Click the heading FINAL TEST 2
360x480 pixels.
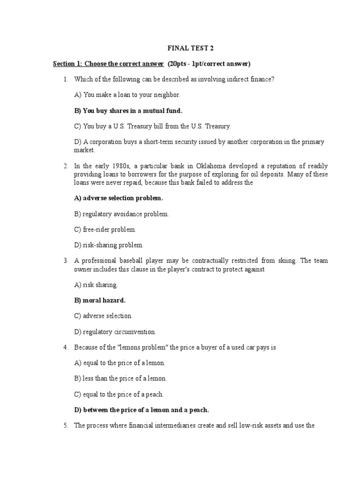tap(187, 48)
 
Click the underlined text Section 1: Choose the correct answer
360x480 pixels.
tap(108, 63)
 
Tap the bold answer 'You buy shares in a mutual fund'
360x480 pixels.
tap(128, 111)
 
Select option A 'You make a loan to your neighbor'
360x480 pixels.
tap(127, 95)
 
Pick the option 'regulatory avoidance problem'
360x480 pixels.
tap(121, 214)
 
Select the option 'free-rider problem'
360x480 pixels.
tap(105, 230)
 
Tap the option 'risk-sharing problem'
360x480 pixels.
tap(109, 245)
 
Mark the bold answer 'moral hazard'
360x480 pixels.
tap(100, 300)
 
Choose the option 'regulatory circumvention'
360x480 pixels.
tap(115, 332)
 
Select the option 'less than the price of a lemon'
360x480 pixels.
tap(120, 378)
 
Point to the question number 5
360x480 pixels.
tap(66, 426)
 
